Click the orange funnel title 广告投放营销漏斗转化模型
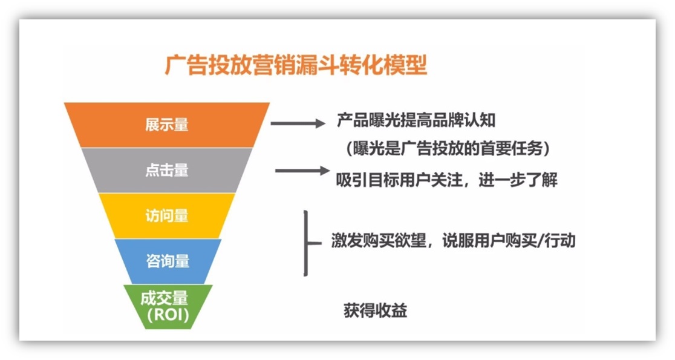pyautogui.click(x=296, y=65)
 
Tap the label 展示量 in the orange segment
pyautogui.click(x=166, y=125)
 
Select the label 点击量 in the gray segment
pyautogui.click(x=166, y=170)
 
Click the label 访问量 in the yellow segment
pyautogui.click(x=166, y=215)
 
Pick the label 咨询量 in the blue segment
pyautogui.click(x=168, y=261)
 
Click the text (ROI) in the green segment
pyautogui.click(x=168, y=315)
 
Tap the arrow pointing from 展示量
pyautogui.click(x=298, y=123)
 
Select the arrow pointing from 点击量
pyautogui.click(x=302, y=171)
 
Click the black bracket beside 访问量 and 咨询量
pyautogui.click(x=306, y=243)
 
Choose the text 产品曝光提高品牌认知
pyautogui.click(x=416, y=120)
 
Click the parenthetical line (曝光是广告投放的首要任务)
pyautogui.click(x=448, y=149)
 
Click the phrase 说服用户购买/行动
pyautogui.click(x=509, y=240)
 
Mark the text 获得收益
pyautogui.click(x=376, y=310)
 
